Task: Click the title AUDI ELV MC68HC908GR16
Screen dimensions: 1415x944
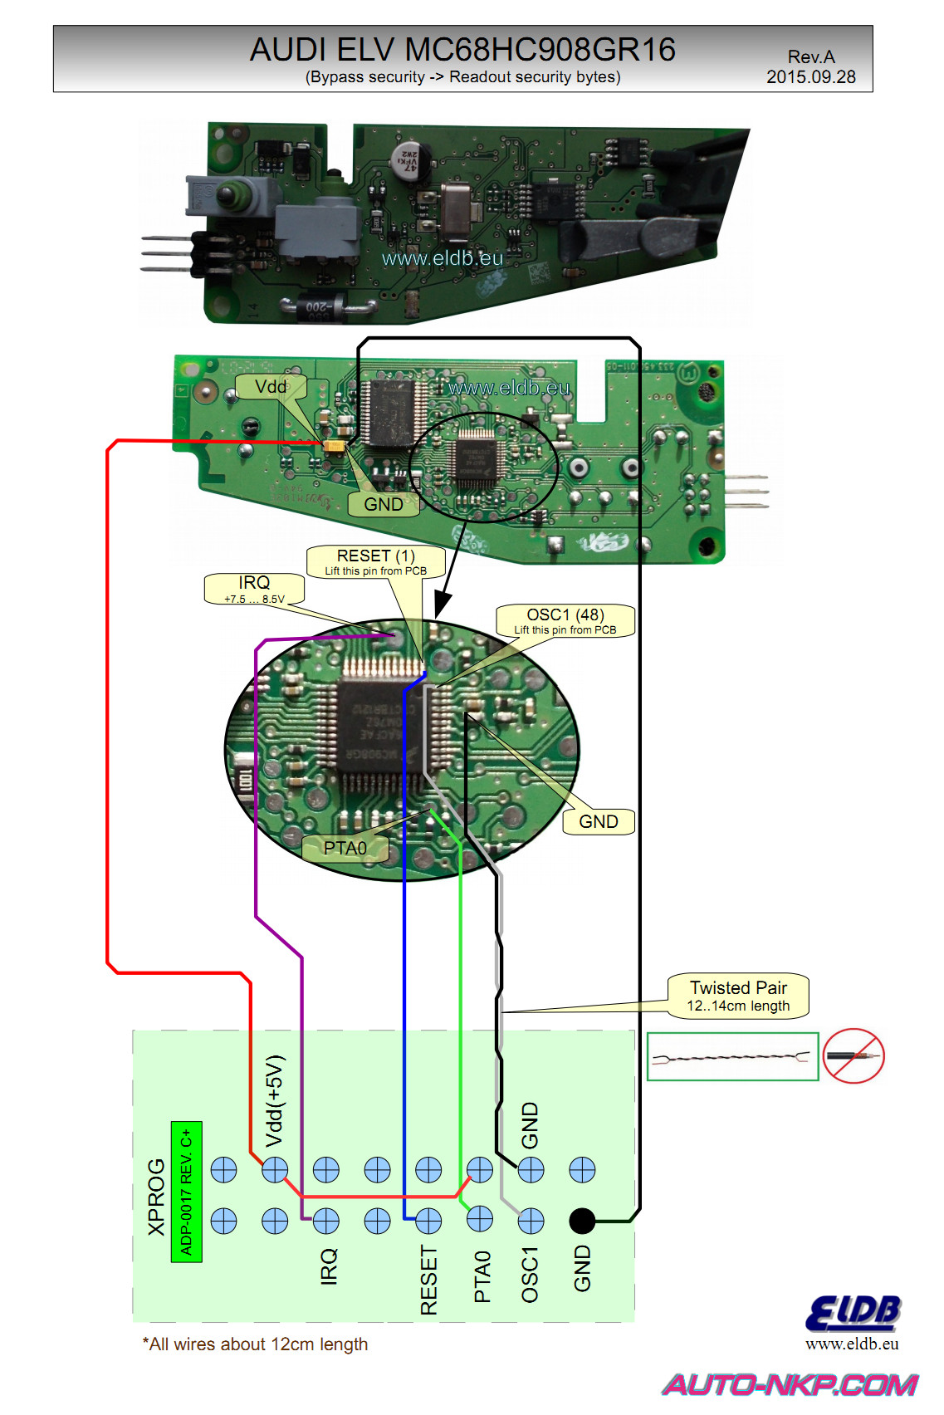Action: click(462, 50)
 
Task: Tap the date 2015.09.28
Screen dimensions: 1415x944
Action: click(810, 77)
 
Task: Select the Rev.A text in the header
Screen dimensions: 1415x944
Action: click(810, 56)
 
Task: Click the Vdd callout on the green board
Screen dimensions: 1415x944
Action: click(271, 387)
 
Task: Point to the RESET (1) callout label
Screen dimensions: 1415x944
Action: click(376, 561)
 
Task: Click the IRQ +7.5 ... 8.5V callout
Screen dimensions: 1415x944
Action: click(254, 589)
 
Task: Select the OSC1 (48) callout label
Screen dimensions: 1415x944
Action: click(565, 620)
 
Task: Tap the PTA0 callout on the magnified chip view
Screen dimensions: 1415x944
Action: click(345, 848)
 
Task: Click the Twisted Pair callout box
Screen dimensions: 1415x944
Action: click(738, 995)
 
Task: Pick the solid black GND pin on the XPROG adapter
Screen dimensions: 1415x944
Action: click(582, 1221)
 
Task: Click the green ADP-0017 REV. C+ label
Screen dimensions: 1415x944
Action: click(186, 1192)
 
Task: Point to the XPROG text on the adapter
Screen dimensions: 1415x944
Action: click(156, 1197)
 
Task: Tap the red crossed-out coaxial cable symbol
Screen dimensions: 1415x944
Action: click(854, 1056)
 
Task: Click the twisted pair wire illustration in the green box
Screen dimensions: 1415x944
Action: click(731, 1057)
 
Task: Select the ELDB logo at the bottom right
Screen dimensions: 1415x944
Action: click(853, 1314)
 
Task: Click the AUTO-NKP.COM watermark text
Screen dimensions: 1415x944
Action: click(790, 1384)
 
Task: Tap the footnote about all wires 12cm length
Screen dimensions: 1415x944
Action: click(255, 1344)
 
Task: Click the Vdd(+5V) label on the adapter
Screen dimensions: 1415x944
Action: click(275, 1101)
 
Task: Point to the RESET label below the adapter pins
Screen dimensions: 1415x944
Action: click(428, 1280)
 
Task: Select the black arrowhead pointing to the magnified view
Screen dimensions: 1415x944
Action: click(443, 603)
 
